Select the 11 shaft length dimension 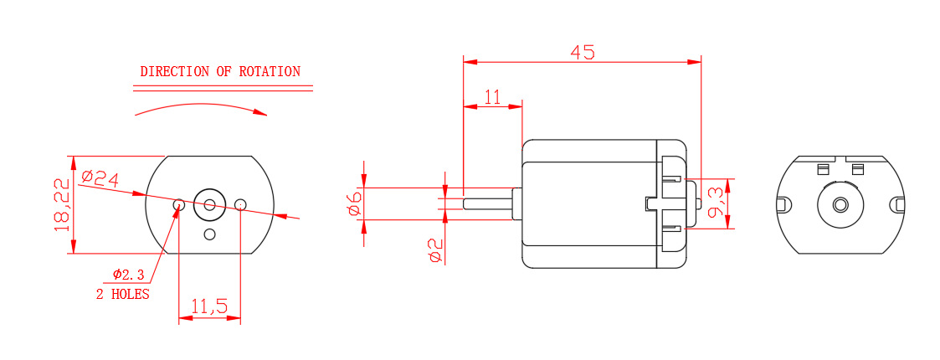pos(491,97)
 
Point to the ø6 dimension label pos(354,202)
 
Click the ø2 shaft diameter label pos(435,249)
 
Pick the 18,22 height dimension pos(61,204)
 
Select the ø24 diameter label pos(100,177)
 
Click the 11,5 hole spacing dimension pos(209,307)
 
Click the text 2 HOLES pos(122,294)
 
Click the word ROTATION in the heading pos(270,72)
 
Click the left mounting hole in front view pos(178,204)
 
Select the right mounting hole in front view pos(241,204)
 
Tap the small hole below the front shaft pos(209,234)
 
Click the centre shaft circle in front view pos(209,203)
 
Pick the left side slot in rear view pos(783,204)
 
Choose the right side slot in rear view pos(898,204)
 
